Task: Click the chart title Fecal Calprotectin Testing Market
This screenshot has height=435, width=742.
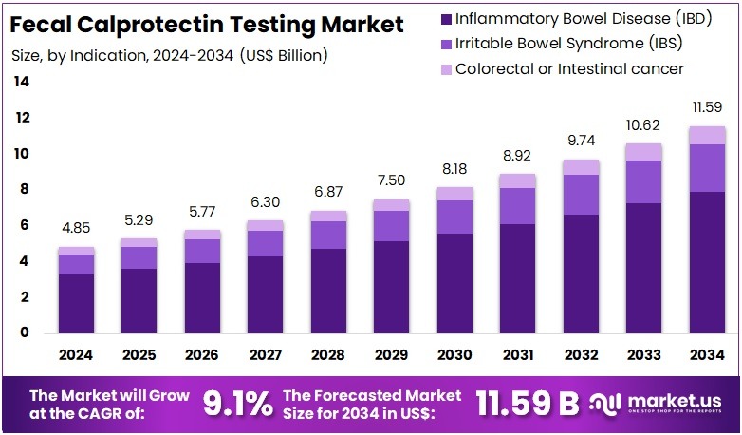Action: pos(208,24)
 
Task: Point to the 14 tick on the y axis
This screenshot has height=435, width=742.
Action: pos(21,82)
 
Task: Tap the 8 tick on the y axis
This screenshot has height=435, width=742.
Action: pos(23,189)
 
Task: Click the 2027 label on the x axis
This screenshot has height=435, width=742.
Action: pos(265,355)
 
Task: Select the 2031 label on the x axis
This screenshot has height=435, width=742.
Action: pos(517,355)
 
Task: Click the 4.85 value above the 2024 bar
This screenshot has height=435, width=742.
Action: pos(76,228)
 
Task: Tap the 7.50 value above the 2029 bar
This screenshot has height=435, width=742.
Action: pos(391,180)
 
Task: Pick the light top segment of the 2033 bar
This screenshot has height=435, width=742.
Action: pos(642,152)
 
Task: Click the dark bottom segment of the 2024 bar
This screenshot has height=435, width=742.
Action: pos(76,304)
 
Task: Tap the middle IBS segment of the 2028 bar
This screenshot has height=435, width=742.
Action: pos(327,235)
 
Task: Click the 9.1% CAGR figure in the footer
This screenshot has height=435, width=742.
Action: pos(238,404)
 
